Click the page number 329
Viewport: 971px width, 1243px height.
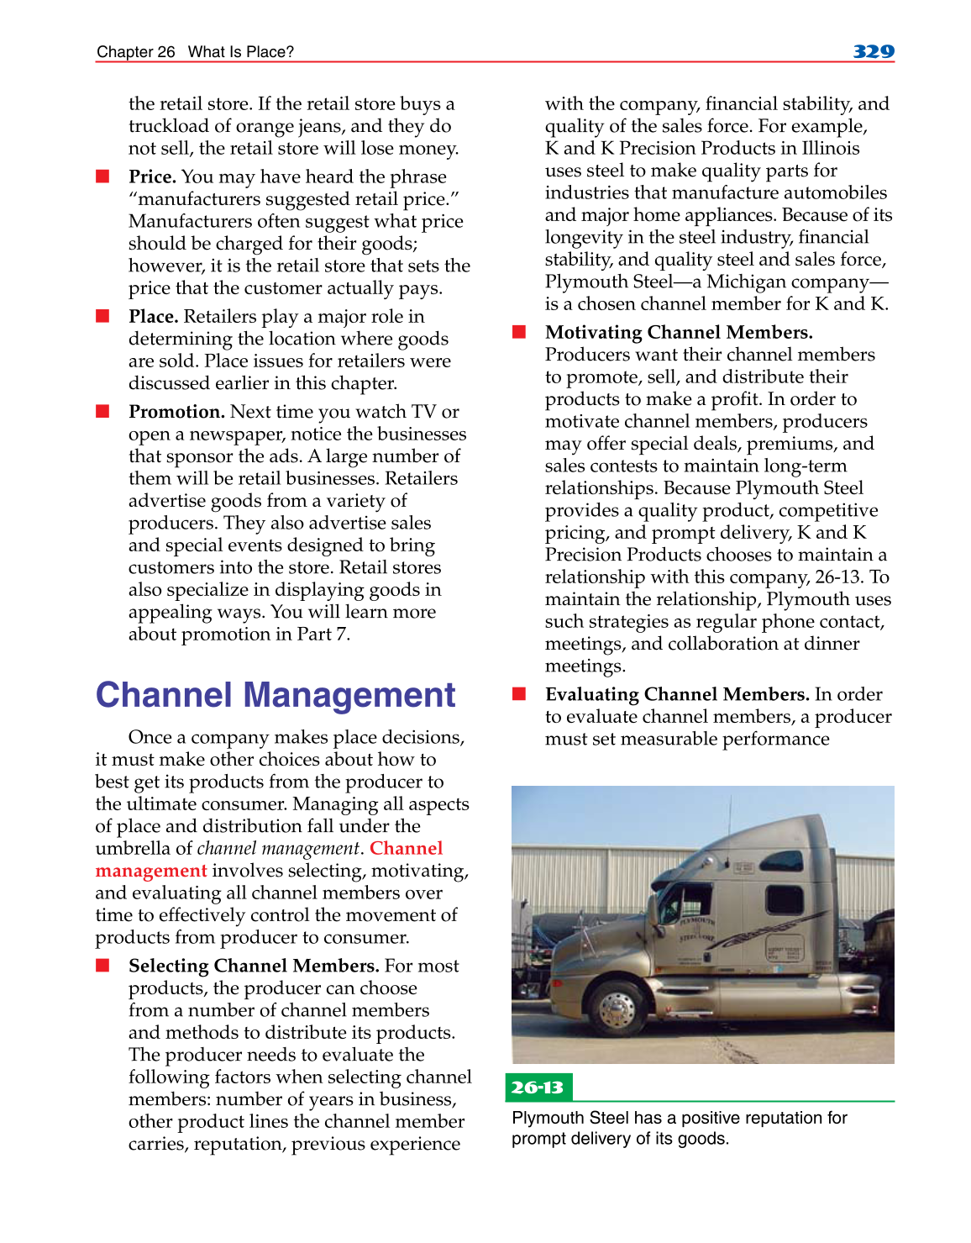(873, 51)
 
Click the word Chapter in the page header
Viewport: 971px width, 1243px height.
(124, 52)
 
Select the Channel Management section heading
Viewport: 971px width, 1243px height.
(275, 695)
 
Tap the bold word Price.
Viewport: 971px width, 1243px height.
(151, 176)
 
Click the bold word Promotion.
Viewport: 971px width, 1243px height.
(176, 412)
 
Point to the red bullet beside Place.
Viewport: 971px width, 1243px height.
(102, 316)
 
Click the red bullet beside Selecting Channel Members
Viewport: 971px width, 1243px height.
(102, 966)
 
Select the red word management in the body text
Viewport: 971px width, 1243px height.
(150, 871)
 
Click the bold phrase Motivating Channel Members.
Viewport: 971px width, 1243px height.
(678, 332)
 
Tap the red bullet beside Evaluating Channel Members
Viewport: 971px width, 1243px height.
(519, 694)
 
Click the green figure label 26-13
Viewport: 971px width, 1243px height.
(538, 1088)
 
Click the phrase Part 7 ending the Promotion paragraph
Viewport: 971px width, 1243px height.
(323, 635)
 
